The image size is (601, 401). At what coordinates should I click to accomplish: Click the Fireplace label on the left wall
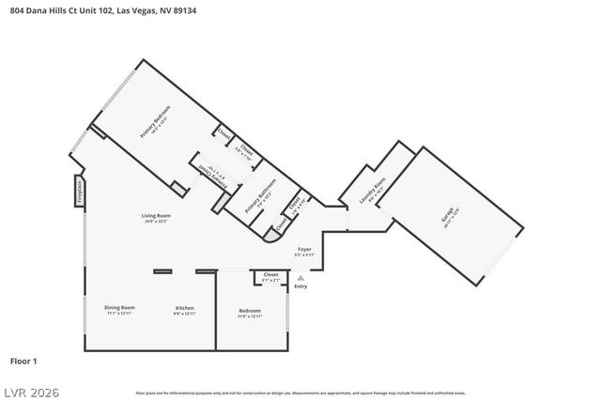tap(79, 191)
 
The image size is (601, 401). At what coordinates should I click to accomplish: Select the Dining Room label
tap(119, 308)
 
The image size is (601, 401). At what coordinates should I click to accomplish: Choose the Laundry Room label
tap(374, 191)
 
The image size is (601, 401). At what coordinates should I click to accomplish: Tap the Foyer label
tap(303, 249)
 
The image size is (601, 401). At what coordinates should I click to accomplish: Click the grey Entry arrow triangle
tap(300, 278)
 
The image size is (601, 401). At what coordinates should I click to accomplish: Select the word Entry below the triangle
tap(300, 286)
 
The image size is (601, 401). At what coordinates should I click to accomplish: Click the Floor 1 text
tap(23, 361)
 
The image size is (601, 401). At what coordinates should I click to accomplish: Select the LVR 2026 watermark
tap(33, 389)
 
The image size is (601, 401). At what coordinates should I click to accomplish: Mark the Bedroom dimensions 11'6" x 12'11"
tap(249, 316)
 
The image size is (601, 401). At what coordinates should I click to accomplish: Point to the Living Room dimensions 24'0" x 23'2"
tap(156, 222)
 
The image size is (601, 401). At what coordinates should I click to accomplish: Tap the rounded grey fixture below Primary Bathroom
tap(273, 236)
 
